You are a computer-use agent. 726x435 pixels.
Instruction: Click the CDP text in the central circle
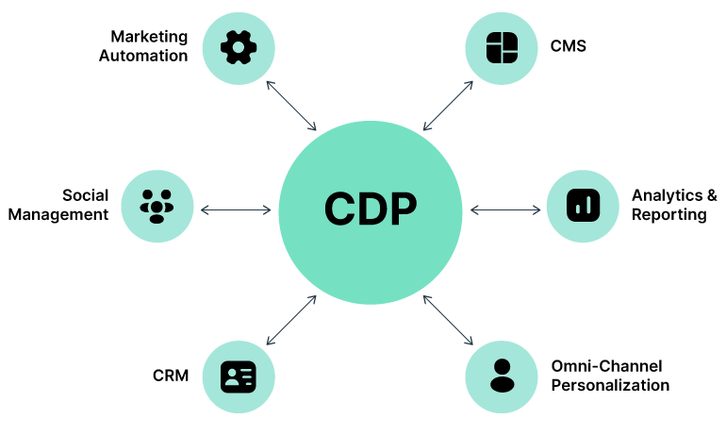pyautogui.click(x=370, y=209)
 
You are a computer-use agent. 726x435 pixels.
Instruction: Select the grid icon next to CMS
pyautogui.click(x=502, y=46)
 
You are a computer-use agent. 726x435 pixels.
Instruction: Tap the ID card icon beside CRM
pyautogui.click(x=239, y=376)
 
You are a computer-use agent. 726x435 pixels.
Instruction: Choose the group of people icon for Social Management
pyautogui.click(x=157, y=205)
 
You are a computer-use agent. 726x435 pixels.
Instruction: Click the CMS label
pyautogui.click(x=569, y=45)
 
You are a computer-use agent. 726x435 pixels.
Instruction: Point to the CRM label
pyautogui.click(x=171, y=376)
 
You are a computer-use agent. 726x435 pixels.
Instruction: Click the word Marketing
pyautogui.click(x=149, y=36)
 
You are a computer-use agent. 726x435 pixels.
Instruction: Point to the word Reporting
pyautogui.click(x=668, y=215)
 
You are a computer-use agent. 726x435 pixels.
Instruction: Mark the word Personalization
pyautogui.click(x=610, y=385)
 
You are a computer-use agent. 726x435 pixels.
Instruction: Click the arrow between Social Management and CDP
pyautogui.click(x=236, y=209)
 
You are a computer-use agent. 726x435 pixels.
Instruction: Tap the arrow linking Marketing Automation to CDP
pyautogui.click(x=292, y=106)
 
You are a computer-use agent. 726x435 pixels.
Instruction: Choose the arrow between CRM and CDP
pyautogui.click(x=292, y=319)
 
